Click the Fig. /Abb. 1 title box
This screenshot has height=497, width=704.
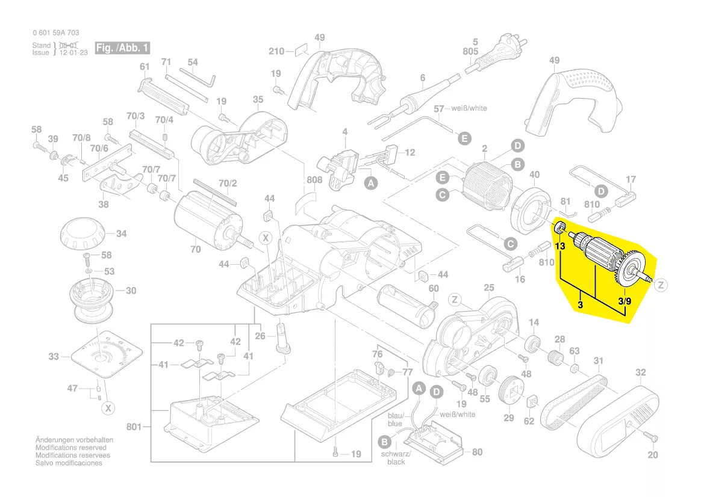click(122, 48)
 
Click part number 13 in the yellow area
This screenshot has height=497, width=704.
click(560, 247)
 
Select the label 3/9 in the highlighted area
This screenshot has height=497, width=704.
click(625, 301)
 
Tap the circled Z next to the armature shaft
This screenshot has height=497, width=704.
click(661, 285)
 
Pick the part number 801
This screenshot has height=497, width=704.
click(134, 427)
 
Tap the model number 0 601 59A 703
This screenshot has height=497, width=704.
click(56, 32)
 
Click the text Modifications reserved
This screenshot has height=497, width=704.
click(71, 448)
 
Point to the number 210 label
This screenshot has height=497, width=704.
click(276, 52)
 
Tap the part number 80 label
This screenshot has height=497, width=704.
click(476, 452)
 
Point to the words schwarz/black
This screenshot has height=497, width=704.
click(396, 457)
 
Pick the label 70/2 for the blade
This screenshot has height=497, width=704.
click(227, 183)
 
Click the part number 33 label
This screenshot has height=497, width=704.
click(54, 357)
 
